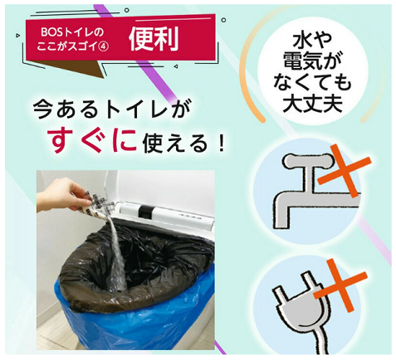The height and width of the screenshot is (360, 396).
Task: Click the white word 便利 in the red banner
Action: pyautogui.click(x=154, y=39)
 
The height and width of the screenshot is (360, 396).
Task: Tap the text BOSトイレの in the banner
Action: pyautogui.click(x=72, y=32)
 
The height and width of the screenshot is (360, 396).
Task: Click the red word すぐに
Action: pyautogui.click(x=93, y=141)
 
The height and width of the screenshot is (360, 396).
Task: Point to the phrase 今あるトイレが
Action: pyautogui.click(x=112, y=109)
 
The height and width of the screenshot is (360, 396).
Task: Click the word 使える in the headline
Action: pyautogui.click(x=175, y=144)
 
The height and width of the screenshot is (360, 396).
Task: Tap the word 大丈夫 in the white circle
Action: pyautogui.click(x=312, y=104)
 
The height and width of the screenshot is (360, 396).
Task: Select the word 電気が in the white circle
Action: pyautogui.click(x=312, y=61)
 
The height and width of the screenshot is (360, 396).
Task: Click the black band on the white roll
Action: pyautogui.click(x=145, y=212)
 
